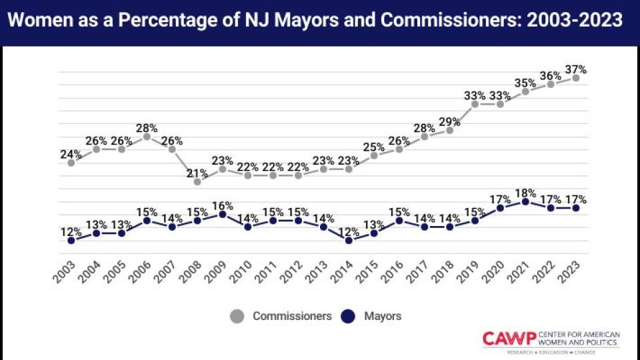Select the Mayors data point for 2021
[525, 201]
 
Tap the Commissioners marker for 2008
[197, 181]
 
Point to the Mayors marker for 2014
[349, 240]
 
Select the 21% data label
[197, 173]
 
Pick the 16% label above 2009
[223, 205]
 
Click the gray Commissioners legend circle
[237, 316]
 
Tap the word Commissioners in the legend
[292, 316]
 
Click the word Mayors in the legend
[383, 316]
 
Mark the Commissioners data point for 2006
[147, 136]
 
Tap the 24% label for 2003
[71, 154]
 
